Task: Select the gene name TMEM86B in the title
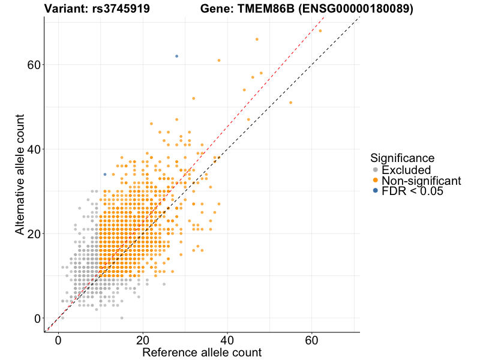[x=268, y=10]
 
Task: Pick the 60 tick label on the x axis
[x=312, y=340]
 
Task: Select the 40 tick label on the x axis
[x=227, y=340]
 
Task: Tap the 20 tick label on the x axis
[x=143, y=340]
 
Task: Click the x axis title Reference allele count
[x=202, y=352]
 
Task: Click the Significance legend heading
[x=402, y=158]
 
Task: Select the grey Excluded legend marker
[x=376, y=170]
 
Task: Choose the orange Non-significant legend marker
[x=376, y=181]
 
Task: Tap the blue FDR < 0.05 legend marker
[x=376, y=191]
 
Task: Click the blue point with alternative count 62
[x=176, y=56]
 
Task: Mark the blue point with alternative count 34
[x=105, y=175]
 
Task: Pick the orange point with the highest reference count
[x=320, y=31]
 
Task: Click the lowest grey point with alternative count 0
[x=122, y=318]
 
